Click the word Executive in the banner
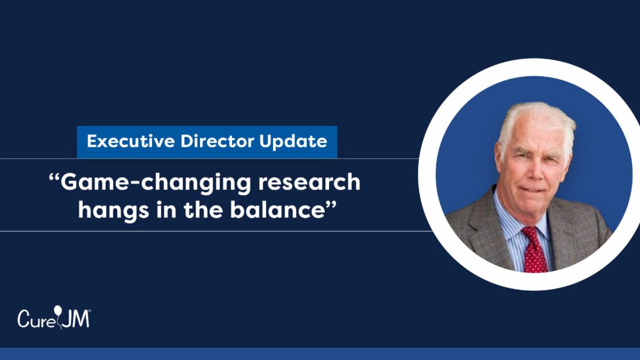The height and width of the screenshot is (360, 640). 131,141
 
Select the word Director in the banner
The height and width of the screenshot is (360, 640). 217,141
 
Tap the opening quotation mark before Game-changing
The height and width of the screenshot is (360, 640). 54,178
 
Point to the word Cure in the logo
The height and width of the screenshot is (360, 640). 36,318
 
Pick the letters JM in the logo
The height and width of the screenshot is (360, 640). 75,318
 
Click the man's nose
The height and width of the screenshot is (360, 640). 535,171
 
